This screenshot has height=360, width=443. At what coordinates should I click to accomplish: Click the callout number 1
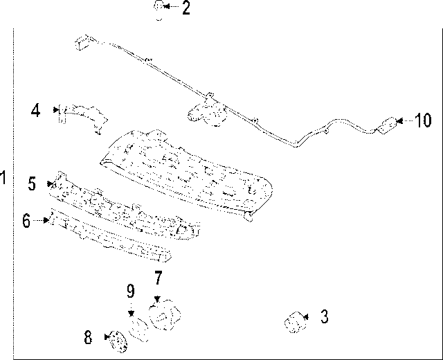point(4,178)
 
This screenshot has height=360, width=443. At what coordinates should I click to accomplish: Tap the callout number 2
point(186,8)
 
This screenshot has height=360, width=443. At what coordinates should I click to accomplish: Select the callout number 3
point(324,317)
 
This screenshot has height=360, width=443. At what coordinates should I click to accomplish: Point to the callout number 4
point(36,109)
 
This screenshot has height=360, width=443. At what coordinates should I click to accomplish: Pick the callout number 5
point(32,183)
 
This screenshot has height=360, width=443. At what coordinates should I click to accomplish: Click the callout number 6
point(26,221)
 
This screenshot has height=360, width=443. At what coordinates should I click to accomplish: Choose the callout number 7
point(158,278)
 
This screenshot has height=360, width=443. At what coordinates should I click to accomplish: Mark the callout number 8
point(88,338)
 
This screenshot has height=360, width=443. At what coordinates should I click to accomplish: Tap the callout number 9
point(130,291)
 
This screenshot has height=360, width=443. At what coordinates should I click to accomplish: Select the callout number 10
point(423,121)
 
